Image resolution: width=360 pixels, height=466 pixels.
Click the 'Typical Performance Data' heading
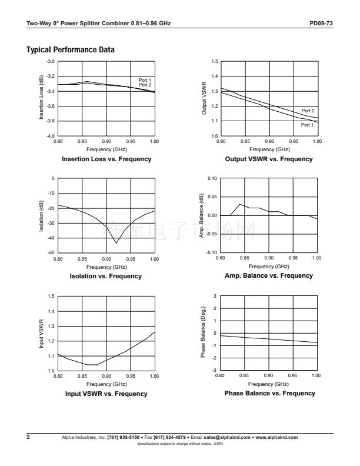(71, 50)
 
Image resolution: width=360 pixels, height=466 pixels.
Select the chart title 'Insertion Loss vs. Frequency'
(106, 159)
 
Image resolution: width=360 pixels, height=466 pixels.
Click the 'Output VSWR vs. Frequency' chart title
(269, 159)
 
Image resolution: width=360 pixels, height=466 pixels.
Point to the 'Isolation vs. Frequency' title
(106, 276)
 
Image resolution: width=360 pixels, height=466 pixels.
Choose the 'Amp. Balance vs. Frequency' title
(268, 275)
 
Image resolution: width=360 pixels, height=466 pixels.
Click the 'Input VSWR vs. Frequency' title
(106, 394)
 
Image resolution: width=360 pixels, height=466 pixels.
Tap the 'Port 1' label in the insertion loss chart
(145, 80)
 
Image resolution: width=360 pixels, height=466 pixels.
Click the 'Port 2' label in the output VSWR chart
(308, 111)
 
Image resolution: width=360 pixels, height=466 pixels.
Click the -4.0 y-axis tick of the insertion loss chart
(51, 136)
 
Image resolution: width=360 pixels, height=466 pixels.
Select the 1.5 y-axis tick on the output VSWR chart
(215, 61)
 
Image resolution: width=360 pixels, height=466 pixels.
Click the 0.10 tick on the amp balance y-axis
(213, 178)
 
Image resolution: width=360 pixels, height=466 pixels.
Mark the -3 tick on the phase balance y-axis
(215, 370)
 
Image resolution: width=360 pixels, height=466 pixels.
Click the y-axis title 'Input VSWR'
(42, 334)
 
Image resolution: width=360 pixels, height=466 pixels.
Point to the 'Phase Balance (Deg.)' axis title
(204, 332)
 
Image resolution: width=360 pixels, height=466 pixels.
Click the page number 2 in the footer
(28, 438)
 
